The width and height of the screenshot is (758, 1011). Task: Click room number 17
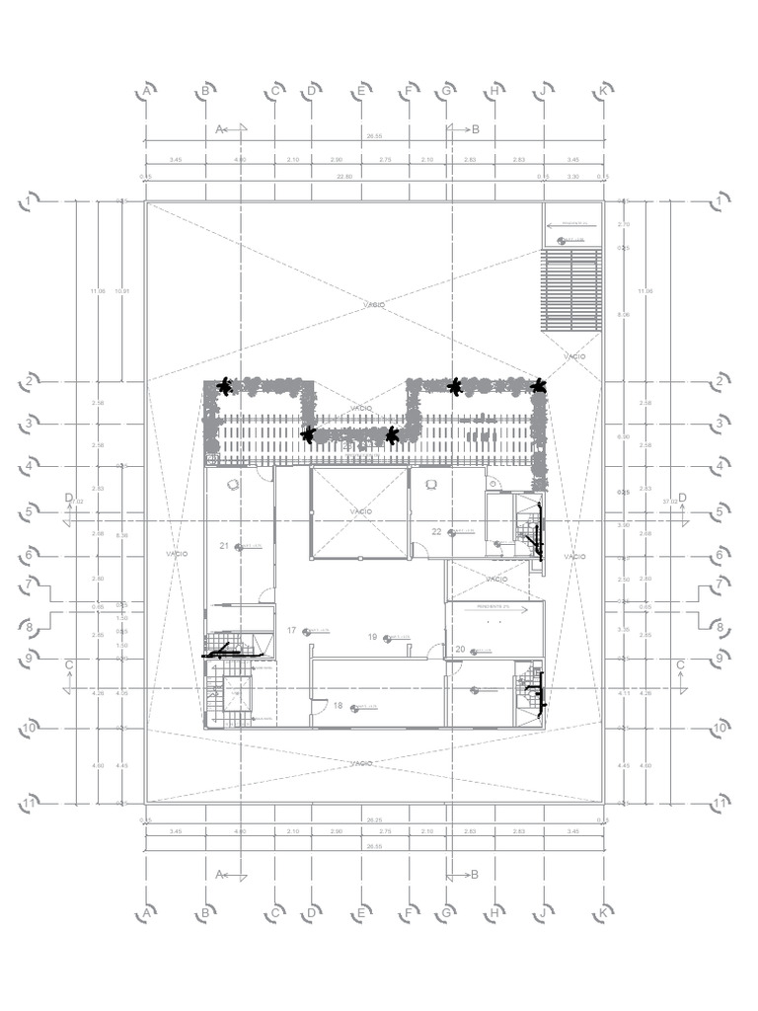tap(291, 630)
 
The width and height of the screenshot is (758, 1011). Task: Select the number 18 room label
tap(338, 706)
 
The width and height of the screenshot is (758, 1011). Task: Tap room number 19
tap(372, 637)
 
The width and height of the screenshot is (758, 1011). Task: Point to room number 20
tap(460, 649)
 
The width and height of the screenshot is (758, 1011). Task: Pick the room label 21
tap(224, 546)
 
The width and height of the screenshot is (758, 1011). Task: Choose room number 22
tap(436, 531)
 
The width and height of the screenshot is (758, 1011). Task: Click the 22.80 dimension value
tap(344, 177)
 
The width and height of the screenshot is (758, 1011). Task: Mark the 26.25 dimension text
tap(374, 819)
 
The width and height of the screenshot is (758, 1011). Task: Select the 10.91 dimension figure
tap(121, 291)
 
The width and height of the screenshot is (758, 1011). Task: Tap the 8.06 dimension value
tap(623, 314)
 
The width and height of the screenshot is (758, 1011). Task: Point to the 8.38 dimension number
tap(121, 536)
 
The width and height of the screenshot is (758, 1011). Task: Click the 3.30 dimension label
tap(571, 177)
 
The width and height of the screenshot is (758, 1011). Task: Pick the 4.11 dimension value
tap(623, 694)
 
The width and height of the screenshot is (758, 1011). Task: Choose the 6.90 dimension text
tap(623, 436)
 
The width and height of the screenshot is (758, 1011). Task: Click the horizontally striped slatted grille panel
tap(570, 290)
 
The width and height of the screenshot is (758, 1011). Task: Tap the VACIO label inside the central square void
tap(360, 511)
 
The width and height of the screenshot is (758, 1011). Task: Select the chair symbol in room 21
tap(233, 484)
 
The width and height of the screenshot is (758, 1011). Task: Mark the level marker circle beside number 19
tap(388, 638)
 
